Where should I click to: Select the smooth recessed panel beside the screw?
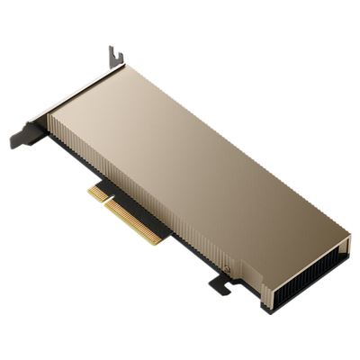tap(247, 274)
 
